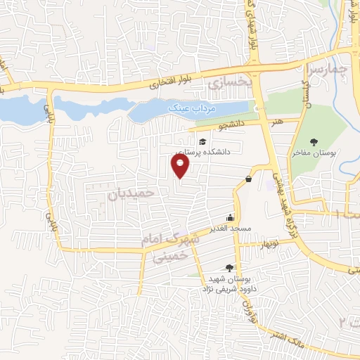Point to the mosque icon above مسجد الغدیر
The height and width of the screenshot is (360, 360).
[x=230, y=217]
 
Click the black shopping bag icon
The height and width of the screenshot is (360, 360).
[x=248, y=179]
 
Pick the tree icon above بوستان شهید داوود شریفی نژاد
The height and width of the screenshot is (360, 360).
[x=229, y=267]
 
